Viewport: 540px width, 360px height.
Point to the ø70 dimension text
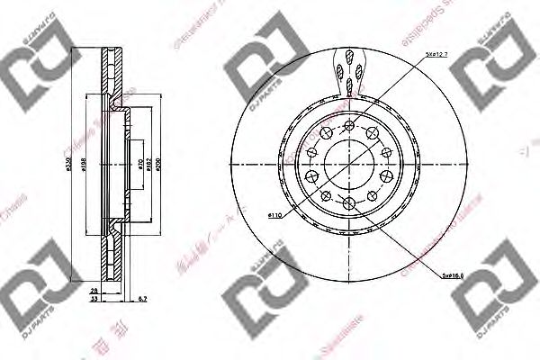click(139, 164)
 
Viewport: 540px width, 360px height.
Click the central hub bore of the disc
click(347, 163)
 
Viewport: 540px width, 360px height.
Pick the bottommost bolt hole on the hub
click(348, 205)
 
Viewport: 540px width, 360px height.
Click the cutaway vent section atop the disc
click(349, 72)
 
